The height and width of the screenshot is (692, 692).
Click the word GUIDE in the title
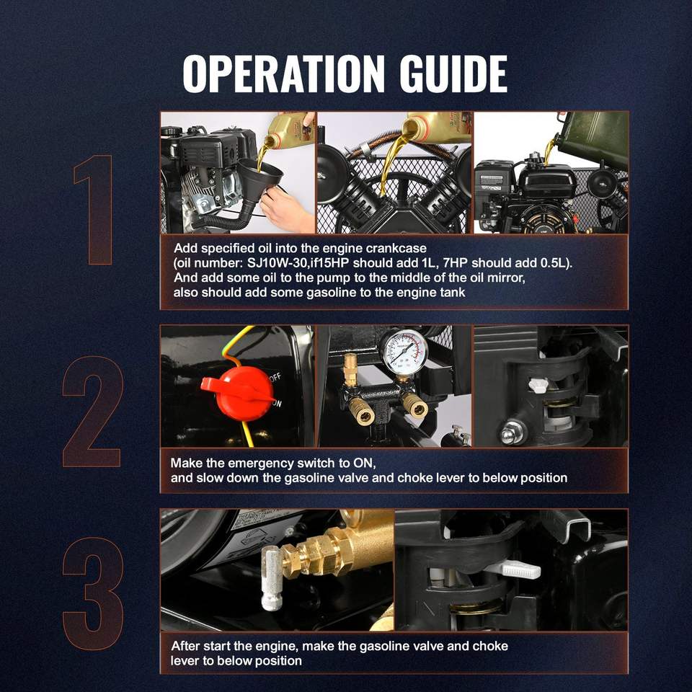pos(453,74)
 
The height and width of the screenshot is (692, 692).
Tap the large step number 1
pos(94,210)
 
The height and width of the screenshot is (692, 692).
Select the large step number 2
pos(92,412)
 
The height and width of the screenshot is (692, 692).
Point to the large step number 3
pos(93,593)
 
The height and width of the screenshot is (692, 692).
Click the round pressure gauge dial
pos(404,352)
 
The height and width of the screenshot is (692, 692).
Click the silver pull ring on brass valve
pos(272,578)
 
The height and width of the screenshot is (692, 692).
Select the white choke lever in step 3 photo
pos(514,569)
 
